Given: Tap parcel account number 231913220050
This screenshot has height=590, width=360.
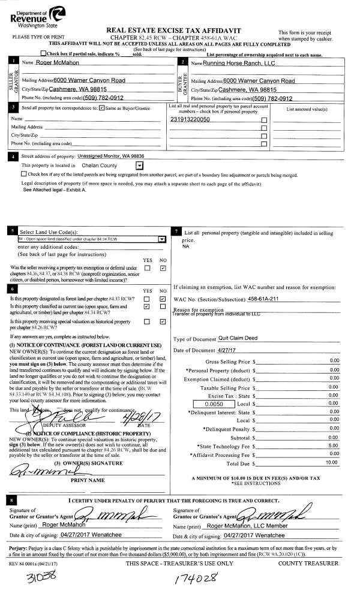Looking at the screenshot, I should pos(190,120).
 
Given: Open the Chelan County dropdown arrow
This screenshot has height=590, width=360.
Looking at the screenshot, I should pos(139,165).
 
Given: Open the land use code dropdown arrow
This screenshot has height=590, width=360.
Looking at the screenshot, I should pos(161,239).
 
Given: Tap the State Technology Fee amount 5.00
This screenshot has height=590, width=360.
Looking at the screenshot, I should pos(334,445).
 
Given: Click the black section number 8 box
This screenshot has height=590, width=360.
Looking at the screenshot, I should pos(13,499).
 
